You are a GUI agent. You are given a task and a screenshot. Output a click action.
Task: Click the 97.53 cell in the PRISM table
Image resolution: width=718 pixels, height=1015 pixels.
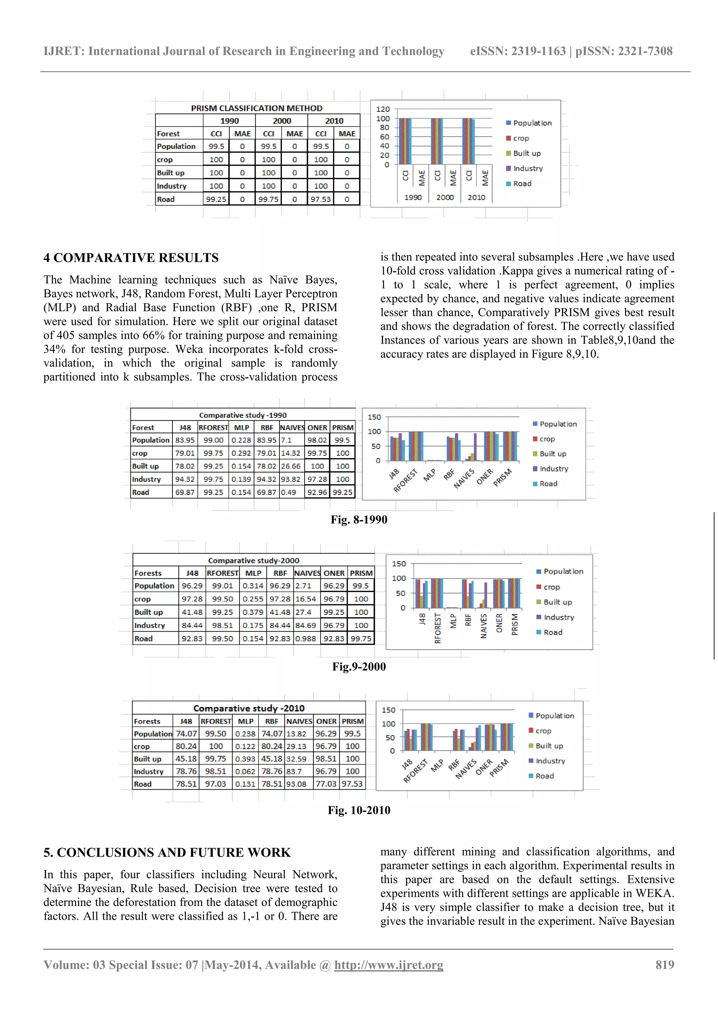point(320,199)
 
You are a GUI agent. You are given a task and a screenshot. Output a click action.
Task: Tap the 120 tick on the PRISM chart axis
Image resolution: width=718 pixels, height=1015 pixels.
point(383,109)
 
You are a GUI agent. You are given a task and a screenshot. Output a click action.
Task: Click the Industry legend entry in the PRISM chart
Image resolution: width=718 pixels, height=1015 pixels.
point(527,169)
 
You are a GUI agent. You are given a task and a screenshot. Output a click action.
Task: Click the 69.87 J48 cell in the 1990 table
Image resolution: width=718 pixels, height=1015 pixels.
point(185,492)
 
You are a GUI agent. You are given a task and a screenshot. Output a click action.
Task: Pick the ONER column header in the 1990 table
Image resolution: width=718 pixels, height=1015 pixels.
point(317,428)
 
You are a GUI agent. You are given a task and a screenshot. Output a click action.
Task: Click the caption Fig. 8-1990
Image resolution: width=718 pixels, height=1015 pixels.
point(359,519)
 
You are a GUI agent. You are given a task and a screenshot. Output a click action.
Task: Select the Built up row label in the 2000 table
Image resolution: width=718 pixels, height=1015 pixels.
point(149,612)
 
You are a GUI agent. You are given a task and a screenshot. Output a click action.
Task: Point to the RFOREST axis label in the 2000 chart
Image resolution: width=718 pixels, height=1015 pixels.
point(438,628)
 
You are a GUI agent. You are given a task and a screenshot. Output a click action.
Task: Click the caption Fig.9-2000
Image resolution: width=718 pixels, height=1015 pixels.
point(359,667)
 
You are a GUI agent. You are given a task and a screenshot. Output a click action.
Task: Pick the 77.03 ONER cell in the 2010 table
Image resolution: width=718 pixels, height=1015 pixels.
point(326,784)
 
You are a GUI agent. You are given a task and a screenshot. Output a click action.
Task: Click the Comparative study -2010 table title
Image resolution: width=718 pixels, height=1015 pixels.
point(249,708)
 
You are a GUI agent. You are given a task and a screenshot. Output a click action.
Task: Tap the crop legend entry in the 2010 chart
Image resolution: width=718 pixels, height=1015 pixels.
point(543,731)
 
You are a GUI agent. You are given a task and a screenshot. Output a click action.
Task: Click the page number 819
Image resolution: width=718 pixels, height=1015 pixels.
point(664,965)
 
